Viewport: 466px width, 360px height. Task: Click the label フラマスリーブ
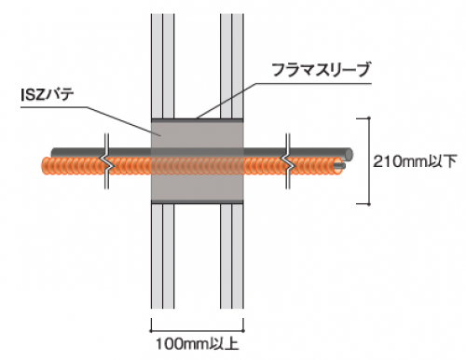(322, 70)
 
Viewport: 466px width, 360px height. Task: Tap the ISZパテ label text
(48, 95)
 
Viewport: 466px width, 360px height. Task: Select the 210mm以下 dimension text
(415, 161)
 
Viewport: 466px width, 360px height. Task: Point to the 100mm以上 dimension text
(198, 344)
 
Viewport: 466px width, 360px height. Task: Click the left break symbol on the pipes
(106, 161)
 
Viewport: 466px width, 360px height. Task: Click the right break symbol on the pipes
(288, 161)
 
